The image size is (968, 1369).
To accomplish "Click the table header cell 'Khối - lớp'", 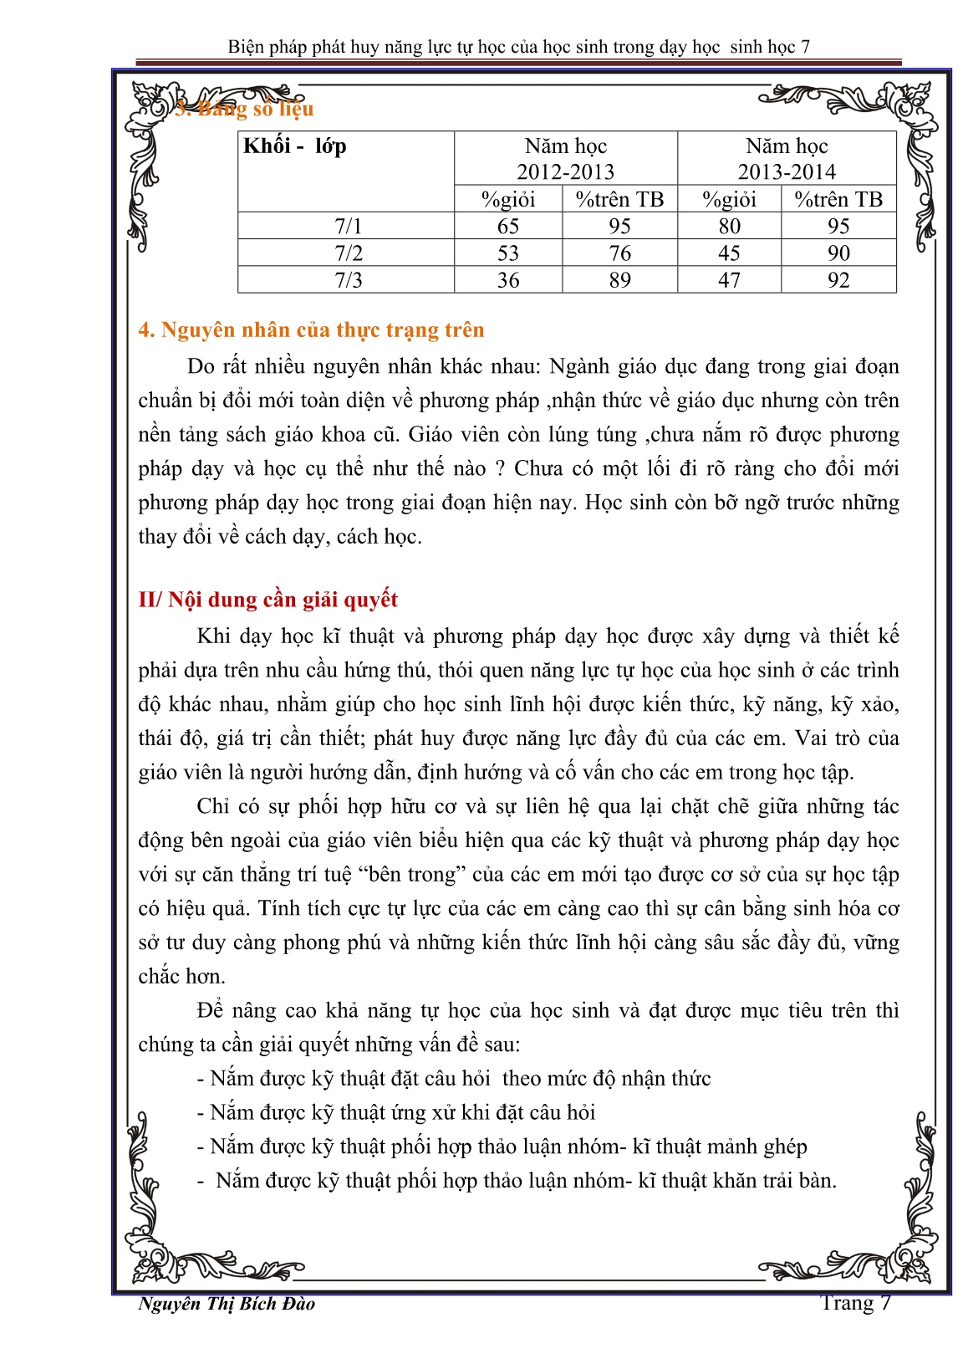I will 295,146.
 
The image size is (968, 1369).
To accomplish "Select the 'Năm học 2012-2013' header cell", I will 565,159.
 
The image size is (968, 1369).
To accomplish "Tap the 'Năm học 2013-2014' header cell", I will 786,159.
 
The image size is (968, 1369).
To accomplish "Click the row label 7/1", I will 348,227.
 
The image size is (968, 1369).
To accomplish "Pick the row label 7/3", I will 348,280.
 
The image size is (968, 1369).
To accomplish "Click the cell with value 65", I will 508,227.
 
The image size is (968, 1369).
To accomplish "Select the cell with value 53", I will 508,253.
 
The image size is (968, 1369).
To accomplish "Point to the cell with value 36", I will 508,280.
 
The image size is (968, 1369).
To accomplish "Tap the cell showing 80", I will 729,227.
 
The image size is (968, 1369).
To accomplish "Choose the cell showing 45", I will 729,253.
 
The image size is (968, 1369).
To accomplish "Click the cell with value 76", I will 619,253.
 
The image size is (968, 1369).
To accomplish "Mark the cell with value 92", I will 838,280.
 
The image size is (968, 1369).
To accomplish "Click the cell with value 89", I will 619,280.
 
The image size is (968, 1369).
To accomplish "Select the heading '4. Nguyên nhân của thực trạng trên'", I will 311,330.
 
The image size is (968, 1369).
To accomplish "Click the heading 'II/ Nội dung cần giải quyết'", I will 267,600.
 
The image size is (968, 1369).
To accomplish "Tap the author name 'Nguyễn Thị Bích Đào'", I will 227,1303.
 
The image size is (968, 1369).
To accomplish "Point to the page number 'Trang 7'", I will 855,1302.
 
